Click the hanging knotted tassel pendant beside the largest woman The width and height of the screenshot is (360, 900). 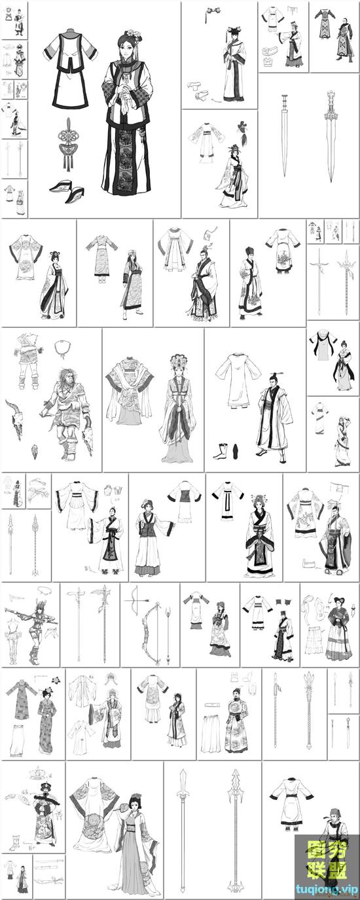[x=68, y=145]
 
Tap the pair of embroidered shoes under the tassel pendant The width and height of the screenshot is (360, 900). [x=67, y=190]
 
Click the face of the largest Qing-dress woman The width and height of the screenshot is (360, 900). [x=128, y=45]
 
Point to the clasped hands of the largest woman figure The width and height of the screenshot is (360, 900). [x=126, y=96]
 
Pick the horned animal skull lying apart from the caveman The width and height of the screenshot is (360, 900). [x=15, y=419]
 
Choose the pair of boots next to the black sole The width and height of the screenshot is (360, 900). [x=221, y=451]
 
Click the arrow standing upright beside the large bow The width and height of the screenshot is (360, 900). [x=168, y=635]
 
